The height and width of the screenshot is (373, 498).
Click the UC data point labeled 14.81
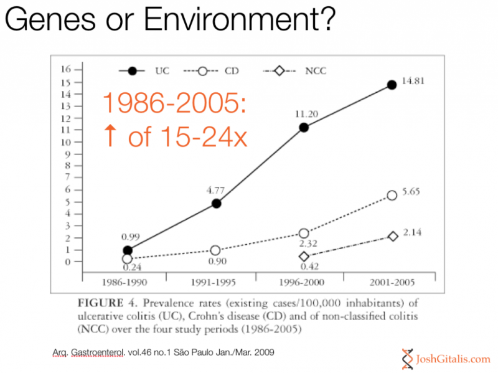pos(392,85)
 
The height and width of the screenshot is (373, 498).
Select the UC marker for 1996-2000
pos(304,128)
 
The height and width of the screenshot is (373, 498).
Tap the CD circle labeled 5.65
pos(392,196)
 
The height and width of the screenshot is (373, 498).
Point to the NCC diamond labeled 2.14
pos(393,237)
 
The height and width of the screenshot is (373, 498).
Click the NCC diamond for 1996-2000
pos(304,257)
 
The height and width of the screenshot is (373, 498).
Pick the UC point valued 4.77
pos(216,204)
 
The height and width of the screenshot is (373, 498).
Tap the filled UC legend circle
pos(132,72)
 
